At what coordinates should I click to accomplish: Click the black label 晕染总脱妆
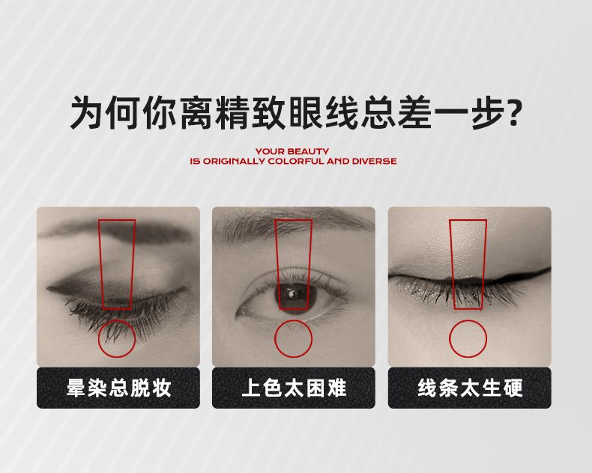118,388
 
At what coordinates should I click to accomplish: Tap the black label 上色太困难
293,388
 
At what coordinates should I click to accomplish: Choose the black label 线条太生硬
470,388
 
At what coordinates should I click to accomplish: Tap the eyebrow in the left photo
113,231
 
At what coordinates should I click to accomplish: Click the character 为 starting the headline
85,112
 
